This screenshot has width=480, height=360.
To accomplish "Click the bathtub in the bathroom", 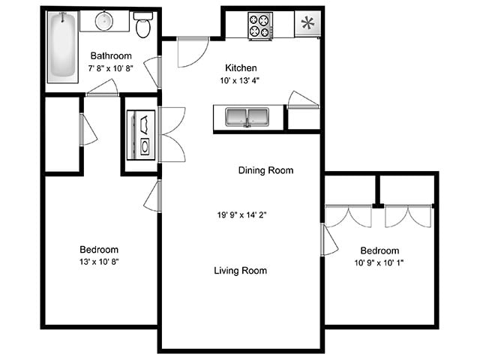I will pyautogui.click(x=62, y=49).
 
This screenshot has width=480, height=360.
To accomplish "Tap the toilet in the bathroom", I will pyautogui.click(x=144, y=26).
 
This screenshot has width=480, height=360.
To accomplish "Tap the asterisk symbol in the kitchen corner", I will pyautogui.click(x=307, y=22).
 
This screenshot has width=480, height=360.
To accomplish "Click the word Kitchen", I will pyautogui.click(x=241, y=66).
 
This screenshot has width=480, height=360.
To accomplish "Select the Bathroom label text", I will pyautogui.click(x=111, y=55).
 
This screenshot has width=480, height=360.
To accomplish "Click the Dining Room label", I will pyautogui.click(x=265, y=170).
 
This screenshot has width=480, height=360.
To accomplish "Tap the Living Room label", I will pyautogui.click(x=240, y=271).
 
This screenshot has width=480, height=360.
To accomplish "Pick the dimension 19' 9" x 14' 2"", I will pyautogui.click(x=241, y=216).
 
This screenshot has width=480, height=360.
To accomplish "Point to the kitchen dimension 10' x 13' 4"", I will pyautogui.click(x=241, y=79).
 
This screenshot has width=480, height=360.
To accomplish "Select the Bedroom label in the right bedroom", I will pyautogui.click(x=379, y=250).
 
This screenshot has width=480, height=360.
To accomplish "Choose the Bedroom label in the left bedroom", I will pyautogui.click(x=99, y=250).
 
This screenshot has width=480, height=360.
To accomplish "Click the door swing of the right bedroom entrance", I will pyautogui.click(x=330, y=241).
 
